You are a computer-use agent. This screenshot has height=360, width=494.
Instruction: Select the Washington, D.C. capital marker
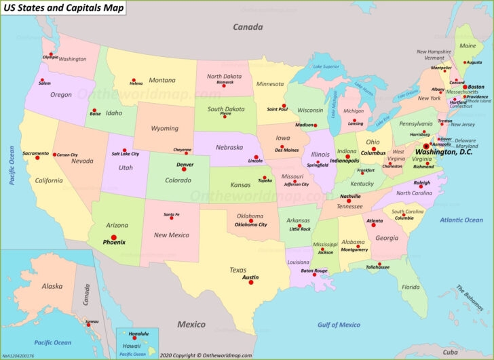tap(426, 146)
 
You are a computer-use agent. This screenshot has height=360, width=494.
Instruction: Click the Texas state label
tap(237, 270)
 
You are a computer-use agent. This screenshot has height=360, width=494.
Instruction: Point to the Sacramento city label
tap(35, 153)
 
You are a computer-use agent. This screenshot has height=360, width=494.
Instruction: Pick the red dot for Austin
tap(250, 283)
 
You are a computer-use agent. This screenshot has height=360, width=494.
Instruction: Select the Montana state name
tap(161, 80)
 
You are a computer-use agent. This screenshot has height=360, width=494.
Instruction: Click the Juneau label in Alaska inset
tap(91, 321)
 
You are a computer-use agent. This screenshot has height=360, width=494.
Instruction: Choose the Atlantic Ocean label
tap(461, 220)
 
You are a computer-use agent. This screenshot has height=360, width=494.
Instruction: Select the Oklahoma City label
tap(250, 224)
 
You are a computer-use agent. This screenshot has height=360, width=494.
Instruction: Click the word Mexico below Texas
tap(191, 324)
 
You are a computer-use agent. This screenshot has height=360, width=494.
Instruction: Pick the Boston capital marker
tap(465, 87)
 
